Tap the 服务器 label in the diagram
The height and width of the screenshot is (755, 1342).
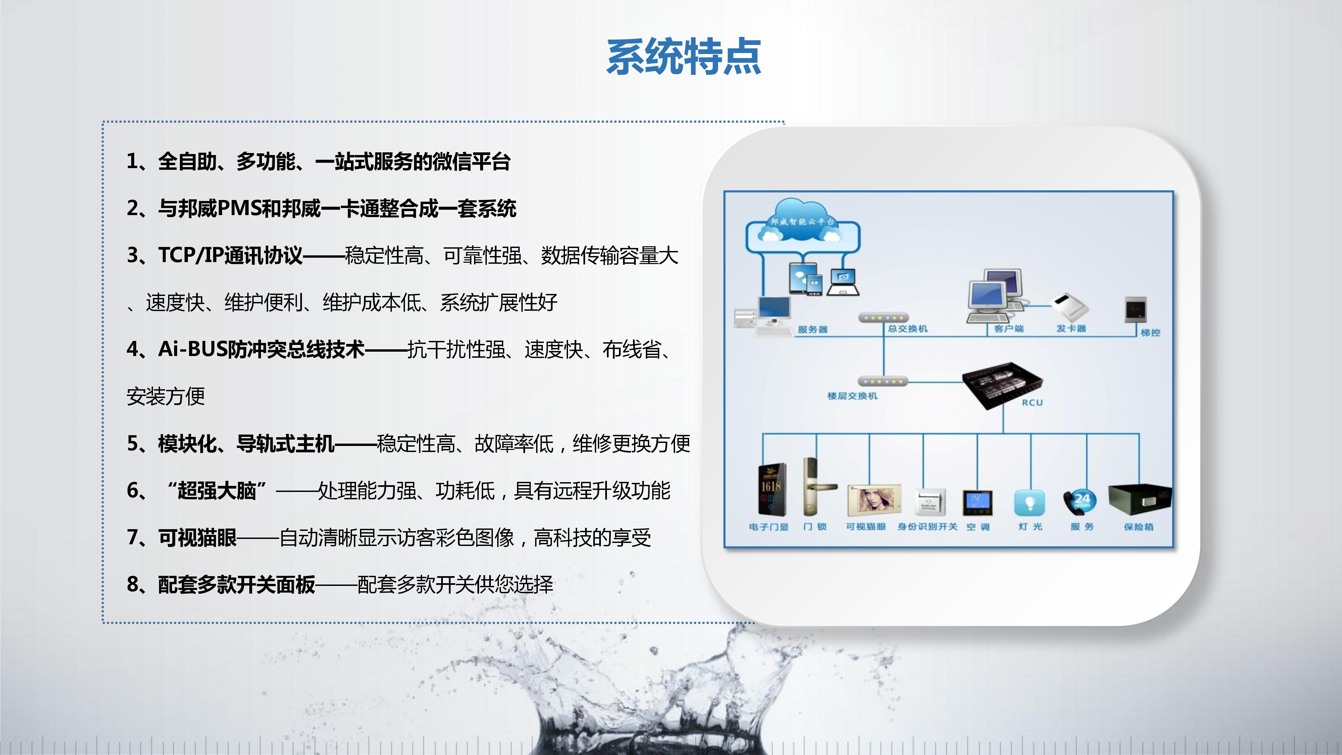(x=812, y=329)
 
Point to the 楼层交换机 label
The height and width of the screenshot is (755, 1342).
(x=852, y=396)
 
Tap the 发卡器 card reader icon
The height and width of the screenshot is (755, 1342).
(x=1071, y=307)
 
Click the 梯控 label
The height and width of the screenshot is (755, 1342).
(x=1150, y=333)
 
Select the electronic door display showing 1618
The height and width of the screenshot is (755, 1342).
(x=771, y=489)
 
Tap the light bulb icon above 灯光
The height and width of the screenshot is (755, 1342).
(x=1029, y=503)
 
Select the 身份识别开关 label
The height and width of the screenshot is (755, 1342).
(x=927, y=527)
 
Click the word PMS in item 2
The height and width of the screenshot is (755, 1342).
(x=238, y=208)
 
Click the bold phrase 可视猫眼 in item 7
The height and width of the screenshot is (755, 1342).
(x=198, y=537)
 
